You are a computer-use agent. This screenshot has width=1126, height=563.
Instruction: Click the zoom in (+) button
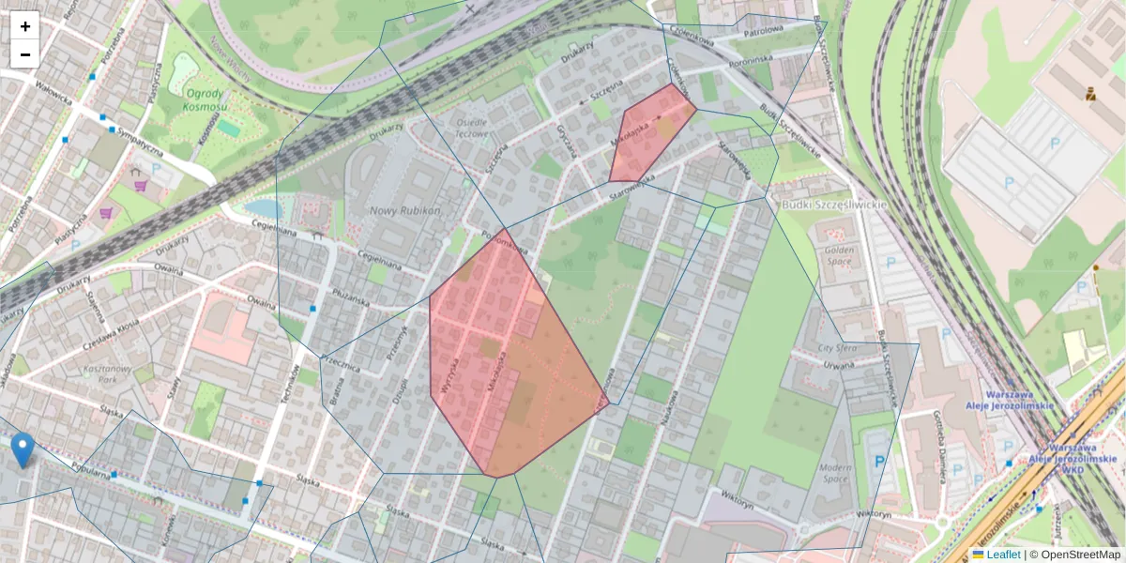tap(25, 26)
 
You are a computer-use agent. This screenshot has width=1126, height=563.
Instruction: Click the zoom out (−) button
tap(25, 53)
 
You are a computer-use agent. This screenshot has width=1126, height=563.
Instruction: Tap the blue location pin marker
tap(23, 449)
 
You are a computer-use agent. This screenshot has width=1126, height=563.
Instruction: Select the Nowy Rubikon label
tap(404, 210)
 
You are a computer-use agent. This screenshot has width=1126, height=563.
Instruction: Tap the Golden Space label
tap(837, 256)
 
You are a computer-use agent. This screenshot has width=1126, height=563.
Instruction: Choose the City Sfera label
tap(838, 347)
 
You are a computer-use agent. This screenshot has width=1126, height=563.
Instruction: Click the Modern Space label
tap(834, 472)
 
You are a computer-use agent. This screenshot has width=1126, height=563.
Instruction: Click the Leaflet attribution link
tap(1003, 555)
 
